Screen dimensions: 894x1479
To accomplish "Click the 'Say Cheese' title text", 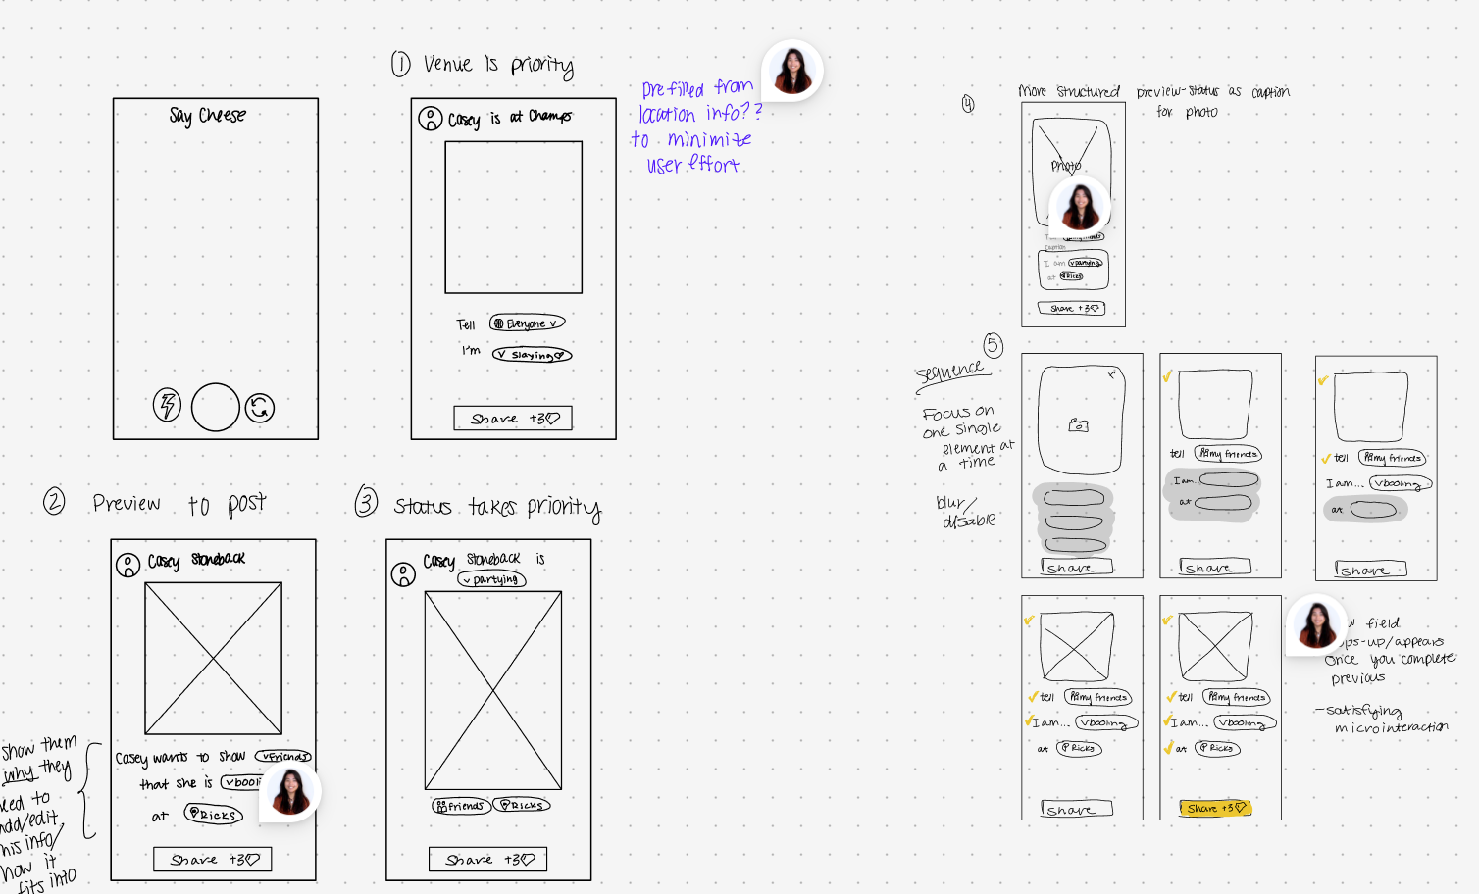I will pyautogui.click(x=207, y=116).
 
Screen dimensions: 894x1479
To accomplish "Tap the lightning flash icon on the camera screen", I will pyautogui.click(x=168, y=405).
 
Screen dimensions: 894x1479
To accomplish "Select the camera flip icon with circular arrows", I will pyautogui.click(x=260, y=408).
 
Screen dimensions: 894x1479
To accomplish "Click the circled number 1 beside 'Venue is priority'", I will pyautogui.click(x=400, y=65).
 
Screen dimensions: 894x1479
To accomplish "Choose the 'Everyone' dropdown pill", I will pyautogui.click(x=528, y=323).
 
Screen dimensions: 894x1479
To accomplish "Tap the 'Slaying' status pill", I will pyautogui.click(x=532, y=355).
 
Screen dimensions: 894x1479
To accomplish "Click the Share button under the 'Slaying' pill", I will pyautogui.click(x=513, y=419).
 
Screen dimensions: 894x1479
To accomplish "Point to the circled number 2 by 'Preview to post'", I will pyautogui.click(x=54, y=502).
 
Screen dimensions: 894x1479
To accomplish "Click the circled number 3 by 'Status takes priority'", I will pyautogui.click(x=366, y=502).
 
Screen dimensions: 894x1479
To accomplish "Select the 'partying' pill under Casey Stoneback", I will pyautogui.click(x=491, y=579).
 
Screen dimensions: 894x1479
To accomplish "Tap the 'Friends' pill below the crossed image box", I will pyautogui.click(x=460, y=805).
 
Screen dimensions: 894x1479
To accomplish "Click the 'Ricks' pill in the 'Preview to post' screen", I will pyautogui.click(x=213, y=814).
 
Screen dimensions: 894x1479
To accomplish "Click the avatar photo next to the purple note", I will pyautogui.click(x=792, y=70).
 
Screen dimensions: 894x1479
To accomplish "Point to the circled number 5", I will pyautogui.click(x=994, y=345).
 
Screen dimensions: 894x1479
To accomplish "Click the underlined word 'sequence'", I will pyautogui.click(x=949, y=372).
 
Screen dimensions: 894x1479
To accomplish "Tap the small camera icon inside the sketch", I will pyautogui.click(x=1078, y=425).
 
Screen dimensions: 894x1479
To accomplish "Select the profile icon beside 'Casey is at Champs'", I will pyautogui.click(x=431, y=119).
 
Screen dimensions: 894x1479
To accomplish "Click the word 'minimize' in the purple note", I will pyautogui.click(x=709, y=140).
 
